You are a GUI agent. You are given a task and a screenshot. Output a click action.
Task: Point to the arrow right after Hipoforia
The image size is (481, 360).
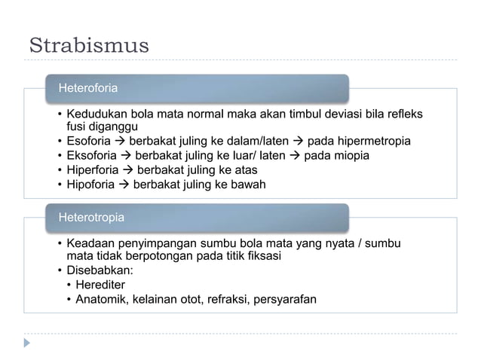tap(123, 185)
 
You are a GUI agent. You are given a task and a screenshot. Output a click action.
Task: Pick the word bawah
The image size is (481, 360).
tap(249, 185)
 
